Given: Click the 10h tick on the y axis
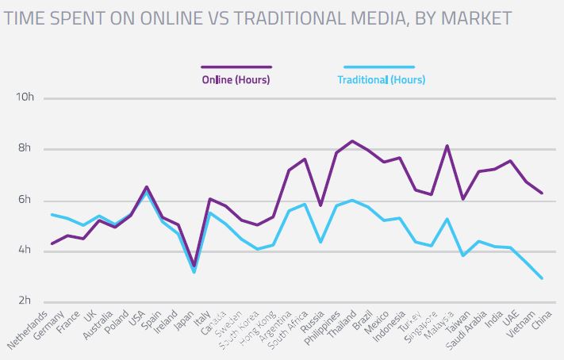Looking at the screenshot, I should point(25,98).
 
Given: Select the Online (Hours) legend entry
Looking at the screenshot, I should point(236,79).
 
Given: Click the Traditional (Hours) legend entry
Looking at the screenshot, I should point(381,79).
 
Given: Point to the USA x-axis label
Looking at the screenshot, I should point(140,318).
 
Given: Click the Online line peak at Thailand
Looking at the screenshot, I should point(352,141).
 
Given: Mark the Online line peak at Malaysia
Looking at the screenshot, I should point(447,146).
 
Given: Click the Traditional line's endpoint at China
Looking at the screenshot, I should point(542,278).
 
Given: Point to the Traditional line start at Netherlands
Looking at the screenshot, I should point(51,215).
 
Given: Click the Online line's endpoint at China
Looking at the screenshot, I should point(542,193).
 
